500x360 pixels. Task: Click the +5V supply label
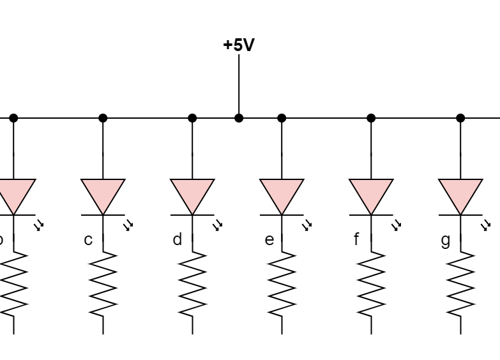239,45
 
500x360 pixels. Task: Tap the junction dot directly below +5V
239,118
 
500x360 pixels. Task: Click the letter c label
88,240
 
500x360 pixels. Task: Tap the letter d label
178,240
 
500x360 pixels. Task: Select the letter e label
269,240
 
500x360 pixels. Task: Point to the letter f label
356,240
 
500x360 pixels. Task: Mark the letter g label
446,240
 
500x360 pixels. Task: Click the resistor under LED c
103,284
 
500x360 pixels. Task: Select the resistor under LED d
192,284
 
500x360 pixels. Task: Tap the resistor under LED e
282,284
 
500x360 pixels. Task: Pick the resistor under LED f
371,284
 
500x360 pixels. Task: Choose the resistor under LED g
460,284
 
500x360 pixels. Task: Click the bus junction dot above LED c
103,118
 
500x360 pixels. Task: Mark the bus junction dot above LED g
460,118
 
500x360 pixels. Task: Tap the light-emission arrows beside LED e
307,225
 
